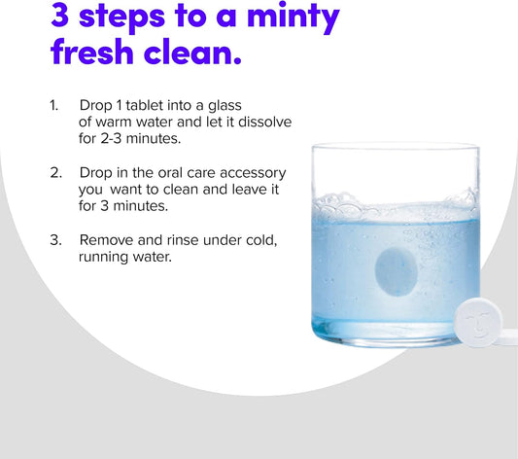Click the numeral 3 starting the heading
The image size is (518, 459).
60,15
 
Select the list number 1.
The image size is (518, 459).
53,106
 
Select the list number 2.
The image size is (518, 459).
55,173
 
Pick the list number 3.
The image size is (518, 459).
55,240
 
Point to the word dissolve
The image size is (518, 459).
265,122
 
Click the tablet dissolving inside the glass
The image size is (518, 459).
396,271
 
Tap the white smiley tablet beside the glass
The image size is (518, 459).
478,322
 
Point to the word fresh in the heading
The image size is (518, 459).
91,52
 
